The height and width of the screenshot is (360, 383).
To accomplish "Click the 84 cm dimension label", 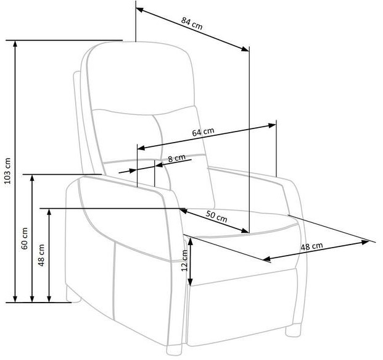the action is [x=192, y=23].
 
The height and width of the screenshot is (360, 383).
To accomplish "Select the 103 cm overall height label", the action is [x=8, y=170].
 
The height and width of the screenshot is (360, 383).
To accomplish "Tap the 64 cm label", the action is [x=203, y=132].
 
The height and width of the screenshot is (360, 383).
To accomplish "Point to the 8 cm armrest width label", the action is [x=176, y=158].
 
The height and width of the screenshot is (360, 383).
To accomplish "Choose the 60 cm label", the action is [x=25, y=238].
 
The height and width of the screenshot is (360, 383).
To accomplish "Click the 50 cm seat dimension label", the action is [x=216, y=216].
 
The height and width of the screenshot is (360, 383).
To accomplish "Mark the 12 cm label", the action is [x=184, y=260].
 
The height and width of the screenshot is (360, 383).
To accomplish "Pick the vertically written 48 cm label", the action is [x=41, y=255].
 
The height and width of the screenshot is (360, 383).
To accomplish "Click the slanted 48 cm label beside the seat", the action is [x=311, y=246].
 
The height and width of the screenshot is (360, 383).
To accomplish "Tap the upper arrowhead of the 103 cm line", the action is [x=15, y=44].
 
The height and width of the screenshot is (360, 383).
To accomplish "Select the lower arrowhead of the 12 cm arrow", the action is [x=191, y=282].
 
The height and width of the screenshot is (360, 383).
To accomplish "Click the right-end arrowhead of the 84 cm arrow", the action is [x=245, y=49].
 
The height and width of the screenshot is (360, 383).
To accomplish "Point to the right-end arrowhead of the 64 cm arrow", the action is [x=273, y=125].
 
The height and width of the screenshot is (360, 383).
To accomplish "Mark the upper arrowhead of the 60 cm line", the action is [x=32, y=178].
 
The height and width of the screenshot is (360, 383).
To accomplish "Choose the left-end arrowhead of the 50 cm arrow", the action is [x=183, y=211].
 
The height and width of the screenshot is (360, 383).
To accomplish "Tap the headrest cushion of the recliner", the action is [x=141, y=77].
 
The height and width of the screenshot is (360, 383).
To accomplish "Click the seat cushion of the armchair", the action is [x=242, y=222].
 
